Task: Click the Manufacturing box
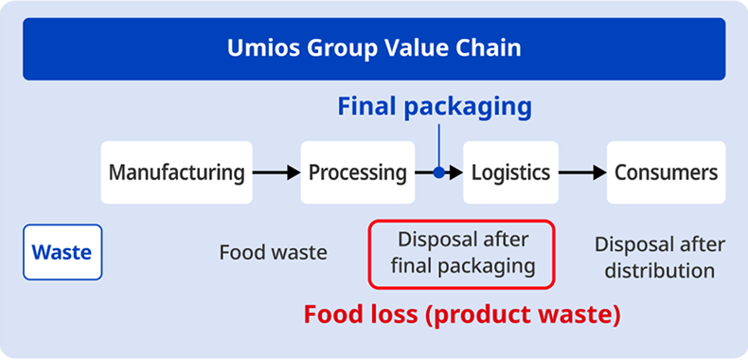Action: pyautogui.click(x=176, y=172)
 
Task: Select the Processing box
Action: pyautogui.click(x=358, y=172)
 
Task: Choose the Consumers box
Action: pyautogui.click(x=666, y=172)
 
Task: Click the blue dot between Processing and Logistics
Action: pyautogui.click(x=438, y=172)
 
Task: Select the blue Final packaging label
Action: pyautogui.click(x=435, y=106)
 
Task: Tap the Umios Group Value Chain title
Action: pyautogui.click(x=374, y=47)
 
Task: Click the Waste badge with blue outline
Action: pyautogui.click(x=62, y=252)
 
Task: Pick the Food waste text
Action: pyautogui.click(x=273, y=253)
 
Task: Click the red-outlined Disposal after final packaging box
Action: pyautogui.click(x=461, y=252)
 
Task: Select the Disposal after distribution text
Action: pyautogui.click(x=660, y=258)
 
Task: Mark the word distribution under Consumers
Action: pyautogui.click(x=660, y=271)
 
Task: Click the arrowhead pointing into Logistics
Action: pyautogui.click(x=455, y=172)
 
